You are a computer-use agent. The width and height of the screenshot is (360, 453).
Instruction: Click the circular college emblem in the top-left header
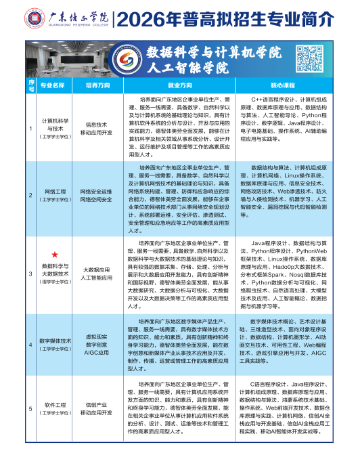pyautogui.click(x=15, y=15)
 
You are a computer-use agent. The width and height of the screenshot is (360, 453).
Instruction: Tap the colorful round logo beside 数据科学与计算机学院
pyautogui.click(x=122, y=58)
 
